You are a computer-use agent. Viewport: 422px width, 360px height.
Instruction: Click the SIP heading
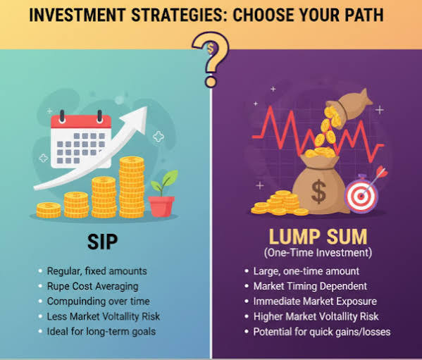click(x=103, y=242)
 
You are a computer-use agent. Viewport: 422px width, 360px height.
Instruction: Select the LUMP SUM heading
click(x=318, y=237)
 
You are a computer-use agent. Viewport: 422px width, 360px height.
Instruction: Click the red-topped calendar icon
click(x=81, y=139)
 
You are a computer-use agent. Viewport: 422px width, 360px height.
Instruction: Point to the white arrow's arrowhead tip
click(x=147, y=107)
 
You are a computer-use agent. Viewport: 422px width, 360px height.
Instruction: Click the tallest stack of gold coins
click(x=132, y=187)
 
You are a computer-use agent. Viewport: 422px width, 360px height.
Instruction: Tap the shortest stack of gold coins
click(x=49, y=210)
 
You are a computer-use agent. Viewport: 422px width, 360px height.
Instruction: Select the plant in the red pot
click(x=163, y=193)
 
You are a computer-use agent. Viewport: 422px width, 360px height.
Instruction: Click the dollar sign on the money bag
click(x=319, y=192)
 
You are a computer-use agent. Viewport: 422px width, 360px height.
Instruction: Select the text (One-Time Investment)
click(x=318, y=253)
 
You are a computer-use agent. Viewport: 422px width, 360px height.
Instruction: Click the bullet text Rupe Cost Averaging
click(x=92, y=286)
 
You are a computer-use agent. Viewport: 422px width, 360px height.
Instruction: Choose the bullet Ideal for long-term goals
click(x=101, y=331)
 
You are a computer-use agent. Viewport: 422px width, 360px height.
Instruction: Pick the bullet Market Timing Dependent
click(x=310, y=286)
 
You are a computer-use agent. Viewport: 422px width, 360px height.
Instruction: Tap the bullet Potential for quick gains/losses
click(x=322, y=332)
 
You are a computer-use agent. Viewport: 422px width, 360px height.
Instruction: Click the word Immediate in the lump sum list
click(x=277, y=302)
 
